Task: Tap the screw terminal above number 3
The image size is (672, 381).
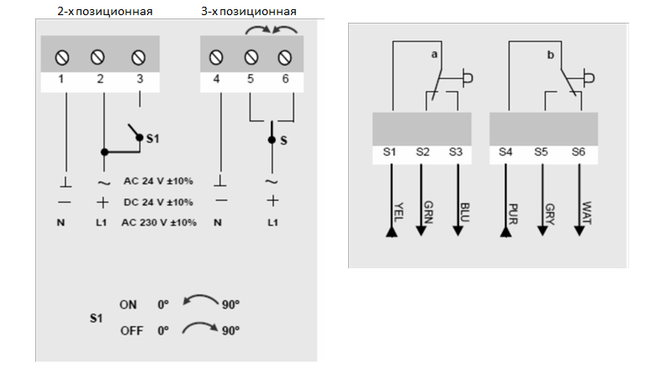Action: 139,57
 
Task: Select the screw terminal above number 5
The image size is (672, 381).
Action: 251,57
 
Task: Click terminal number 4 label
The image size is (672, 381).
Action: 217,79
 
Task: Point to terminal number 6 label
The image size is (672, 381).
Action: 285,79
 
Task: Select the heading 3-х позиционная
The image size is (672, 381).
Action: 250,12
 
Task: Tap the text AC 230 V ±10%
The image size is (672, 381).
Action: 159,223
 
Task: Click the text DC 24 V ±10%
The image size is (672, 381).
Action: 159,202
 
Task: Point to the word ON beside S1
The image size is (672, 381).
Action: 129,304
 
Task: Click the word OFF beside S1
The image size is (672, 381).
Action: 131,331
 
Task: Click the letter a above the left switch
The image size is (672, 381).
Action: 434,55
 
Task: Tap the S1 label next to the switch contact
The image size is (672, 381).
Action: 152,136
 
